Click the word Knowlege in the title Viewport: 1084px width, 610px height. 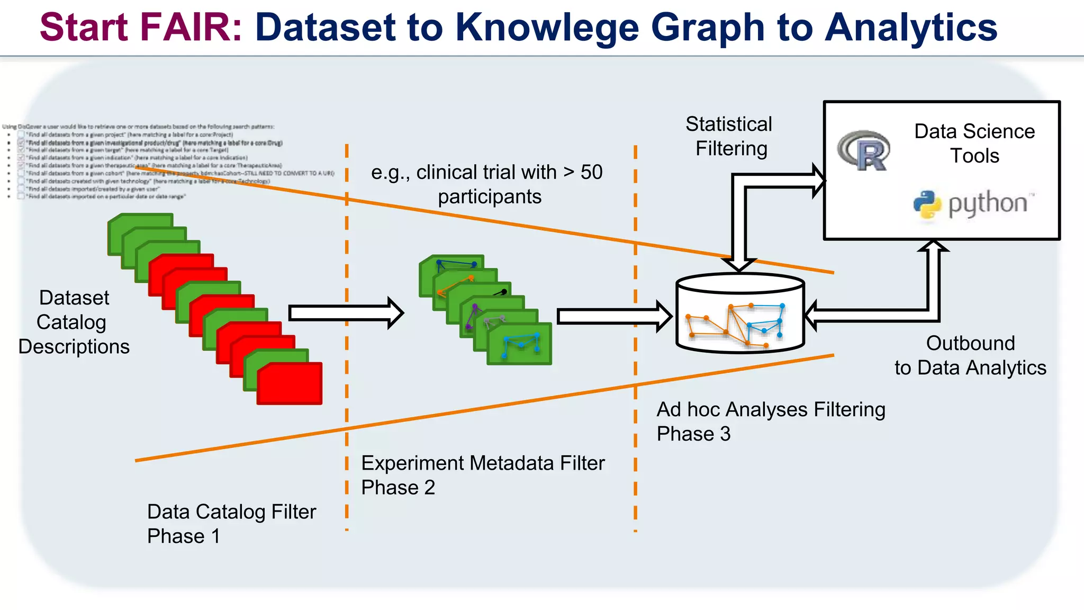click(x=547, y=28)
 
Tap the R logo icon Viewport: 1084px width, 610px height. click(x=864, y=150)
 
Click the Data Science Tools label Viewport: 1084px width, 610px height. click(x=974, y=143)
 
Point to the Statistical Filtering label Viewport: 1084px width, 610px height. click(x=729, y=136)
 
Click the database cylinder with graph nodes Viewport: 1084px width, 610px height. click(x=740, y=313)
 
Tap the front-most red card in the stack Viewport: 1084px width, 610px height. click(x=290, y=383)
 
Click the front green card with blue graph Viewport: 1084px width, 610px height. click(x=519, y=344)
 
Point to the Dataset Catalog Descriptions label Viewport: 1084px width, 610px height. click(x=74, y=322)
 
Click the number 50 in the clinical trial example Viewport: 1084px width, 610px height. click(x=591, y=172)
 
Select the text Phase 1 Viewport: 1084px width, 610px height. click(x=183, y=536)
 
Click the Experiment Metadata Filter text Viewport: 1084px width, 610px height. click(x=482, y=463)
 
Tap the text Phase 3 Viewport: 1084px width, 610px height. click(x=693, y=434)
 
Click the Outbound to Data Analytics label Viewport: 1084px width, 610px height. click(x=970, y=355)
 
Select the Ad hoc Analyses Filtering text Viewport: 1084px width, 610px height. click(x=771, y=409)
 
